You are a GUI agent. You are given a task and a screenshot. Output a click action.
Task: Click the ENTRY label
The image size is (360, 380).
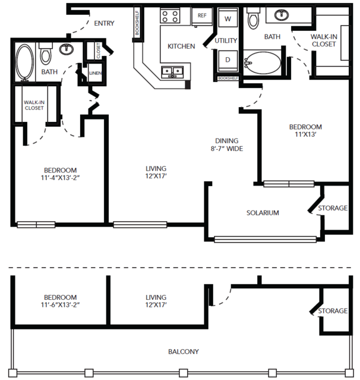pyautogui.click(x=104, y=23)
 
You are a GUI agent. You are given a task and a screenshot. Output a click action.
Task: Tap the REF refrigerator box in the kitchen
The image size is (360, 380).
pyautogui.click(x=202, y=15)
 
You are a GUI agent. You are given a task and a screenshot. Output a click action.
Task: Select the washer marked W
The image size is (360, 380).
pyautogui.click(x=228, y=18)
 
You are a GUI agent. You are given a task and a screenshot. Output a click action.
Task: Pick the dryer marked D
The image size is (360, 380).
pyautogui.click(x=228, y=60)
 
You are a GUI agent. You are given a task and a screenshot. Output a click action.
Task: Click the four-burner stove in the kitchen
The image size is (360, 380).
pyautogui.click(x=170, y=16)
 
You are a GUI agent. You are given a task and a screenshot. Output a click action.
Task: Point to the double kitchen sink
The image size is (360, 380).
pyautogui.click(x=172, y=72)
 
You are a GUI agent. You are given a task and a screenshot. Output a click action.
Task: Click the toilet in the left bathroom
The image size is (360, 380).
pyautogui.click(x=46, y=54)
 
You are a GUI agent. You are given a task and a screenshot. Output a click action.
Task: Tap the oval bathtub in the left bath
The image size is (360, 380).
pyautogui.click(x=25, y=62)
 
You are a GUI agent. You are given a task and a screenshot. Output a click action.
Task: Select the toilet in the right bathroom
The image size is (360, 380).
pyautogui.click(x=253, y=18)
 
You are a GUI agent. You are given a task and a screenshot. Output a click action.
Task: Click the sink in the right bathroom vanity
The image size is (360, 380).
pyautogui.click(x=282, y=15)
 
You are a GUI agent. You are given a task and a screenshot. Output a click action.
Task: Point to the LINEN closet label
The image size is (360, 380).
pyautogui.click(x=95, y=73)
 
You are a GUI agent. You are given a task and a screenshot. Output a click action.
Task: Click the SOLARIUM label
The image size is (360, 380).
pyautogui.click(x=263, y=213)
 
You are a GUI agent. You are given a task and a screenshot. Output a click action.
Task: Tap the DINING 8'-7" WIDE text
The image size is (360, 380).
pyautogui.click(x=227, y=145)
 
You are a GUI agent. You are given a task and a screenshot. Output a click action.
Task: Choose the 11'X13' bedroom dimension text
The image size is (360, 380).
pyautogui.click(x=305, y=134)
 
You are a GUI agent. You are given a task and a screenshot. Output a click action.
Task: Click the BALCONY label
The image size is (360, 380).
pyautogui.click(x=184, y=351)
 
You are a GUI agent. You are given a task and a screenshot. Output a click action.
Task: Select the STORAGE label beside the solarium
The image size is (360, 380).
pyautogui.click(x=333, y=208)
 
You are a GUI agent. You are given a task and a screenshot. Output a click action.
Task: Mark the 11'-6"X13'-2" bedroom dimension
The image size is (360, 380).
pyautogui.click(x=60, y=304)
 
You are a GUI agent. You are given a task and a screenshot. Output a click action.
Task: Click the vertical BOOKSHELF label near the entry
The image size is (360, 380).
pyautogui.click(x=137, y=23)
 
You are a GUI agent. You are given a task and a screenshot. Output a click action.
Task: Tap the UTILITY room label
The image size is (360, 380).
pyautogui.click(x=226, y=40)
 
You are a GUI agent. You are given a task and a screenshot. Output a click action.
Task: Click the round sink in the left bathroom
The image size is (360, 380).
pyautogui.click(x=67, y=49)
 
